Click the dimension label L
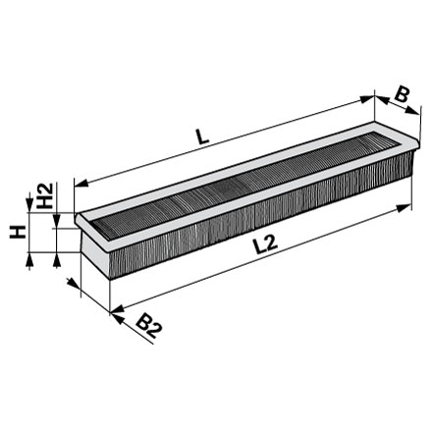point(203,136)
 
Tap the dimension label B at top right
point(402,95)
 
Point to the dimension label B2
point(149,326)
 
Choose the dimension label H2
point(45,195)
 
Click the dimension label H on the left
point(18,232)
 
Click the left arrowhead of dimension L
point(81,184)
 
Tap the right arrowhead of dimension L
point(367,99)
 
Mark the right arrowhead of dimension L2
point(404,207)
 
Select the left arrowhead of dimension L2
point(117,309)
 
